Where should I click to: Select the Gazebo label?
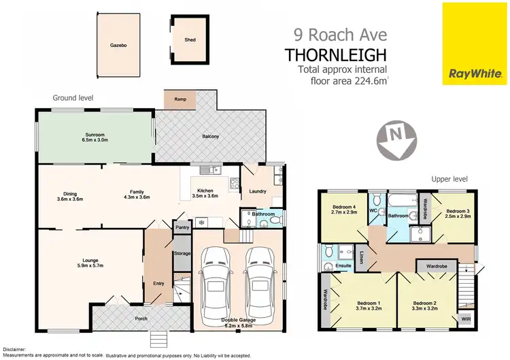[118, 45]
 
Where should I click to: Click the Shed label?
[190, 39]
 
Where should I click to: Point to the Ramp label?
[180, 99]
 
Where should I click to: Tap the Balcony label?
[210, 137]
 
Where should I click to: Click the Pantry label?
[181, 228]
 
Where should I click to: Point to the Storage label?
[182, 253]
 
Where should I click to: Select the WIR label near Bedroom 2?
[465, 318]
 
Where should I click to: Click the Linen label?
[361, 257]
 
